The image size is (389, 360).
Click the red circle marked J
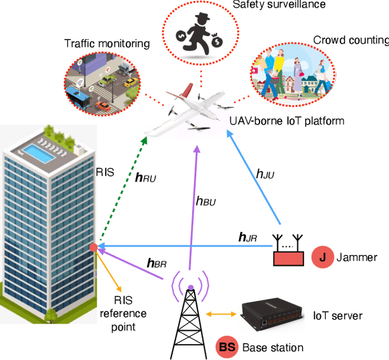322,257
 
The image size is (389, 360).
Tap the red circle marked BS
227,348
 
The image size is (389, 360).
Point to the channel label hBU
205,200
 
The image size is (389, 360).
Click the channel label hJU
265,175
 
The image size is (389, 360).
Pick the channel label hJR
247,238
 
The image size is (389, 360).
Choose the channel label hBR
157,263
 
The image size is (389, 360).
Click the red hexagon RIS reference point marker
93,248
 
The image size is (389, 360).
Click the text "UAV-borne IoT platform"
286,121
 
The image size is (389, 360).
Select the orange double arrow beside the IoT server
220,314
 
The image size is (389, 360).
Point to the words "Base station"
272,348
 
